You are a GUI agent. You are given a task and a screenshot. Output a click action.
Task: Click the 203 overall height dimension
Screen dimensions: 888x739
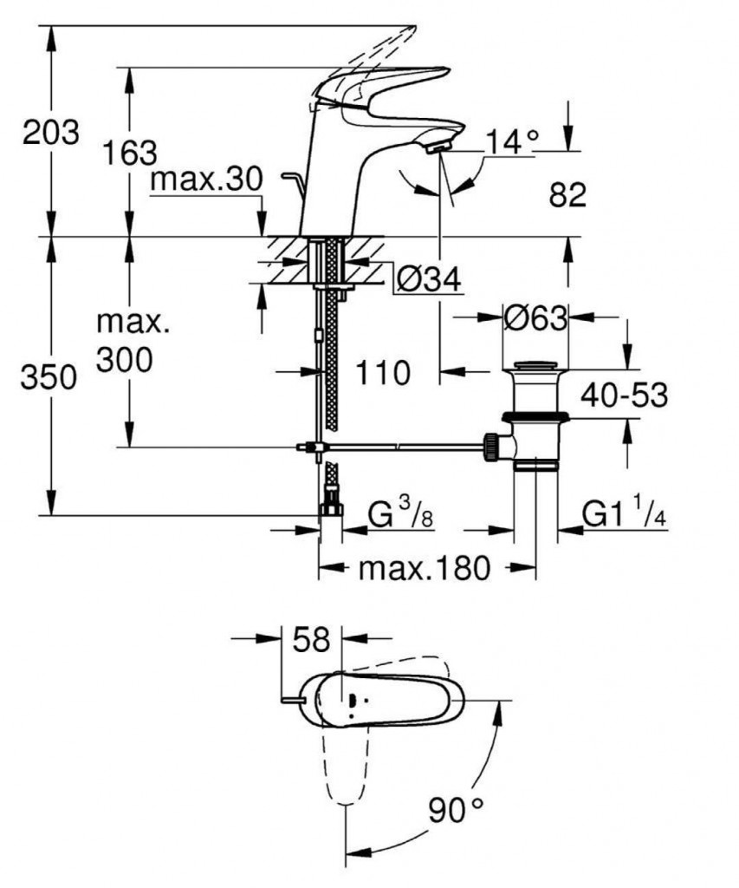tap(51, 134)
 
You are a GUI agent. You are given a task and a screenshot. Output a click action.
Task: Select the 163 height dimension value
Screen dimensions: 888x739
tap(129, 153)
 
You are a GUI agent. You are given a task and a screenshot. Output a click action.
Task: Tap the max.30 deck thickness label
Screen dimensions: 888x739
tap(205, 180)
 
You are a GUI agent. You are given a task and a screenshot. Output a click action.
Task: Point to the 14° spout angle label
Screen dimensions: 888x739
tap(511, 140)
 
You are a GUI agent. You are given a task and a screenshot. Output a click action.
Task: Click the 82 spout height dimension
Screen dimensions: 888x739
tap(567, 195)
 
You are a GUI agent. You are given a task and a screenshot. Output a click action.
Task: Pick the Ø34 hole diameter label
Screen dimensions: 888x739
tap(427, 278)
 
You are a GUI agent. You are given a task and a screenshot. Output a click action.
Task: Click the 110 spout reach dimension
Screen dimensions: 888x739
tap(382, 374)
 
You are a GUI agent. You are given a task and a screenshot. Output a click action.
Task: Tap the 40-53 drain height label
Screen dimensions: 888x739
tap(625, 395)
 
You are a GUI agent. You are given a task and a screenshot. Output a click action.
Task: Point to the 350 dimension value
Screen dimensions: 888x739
tap(51, 378)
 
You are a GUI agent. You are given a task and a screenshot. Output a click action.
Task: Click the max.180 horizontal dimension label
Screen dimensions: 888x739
tap(425, 569)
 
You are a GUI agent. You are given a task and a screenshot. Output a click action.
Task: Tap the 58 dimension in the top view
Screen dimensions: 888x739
tap(312, 640)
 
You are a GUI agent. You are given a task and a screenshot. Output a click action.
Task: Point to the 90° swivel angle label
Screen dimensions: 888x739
tap(456, 810)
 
